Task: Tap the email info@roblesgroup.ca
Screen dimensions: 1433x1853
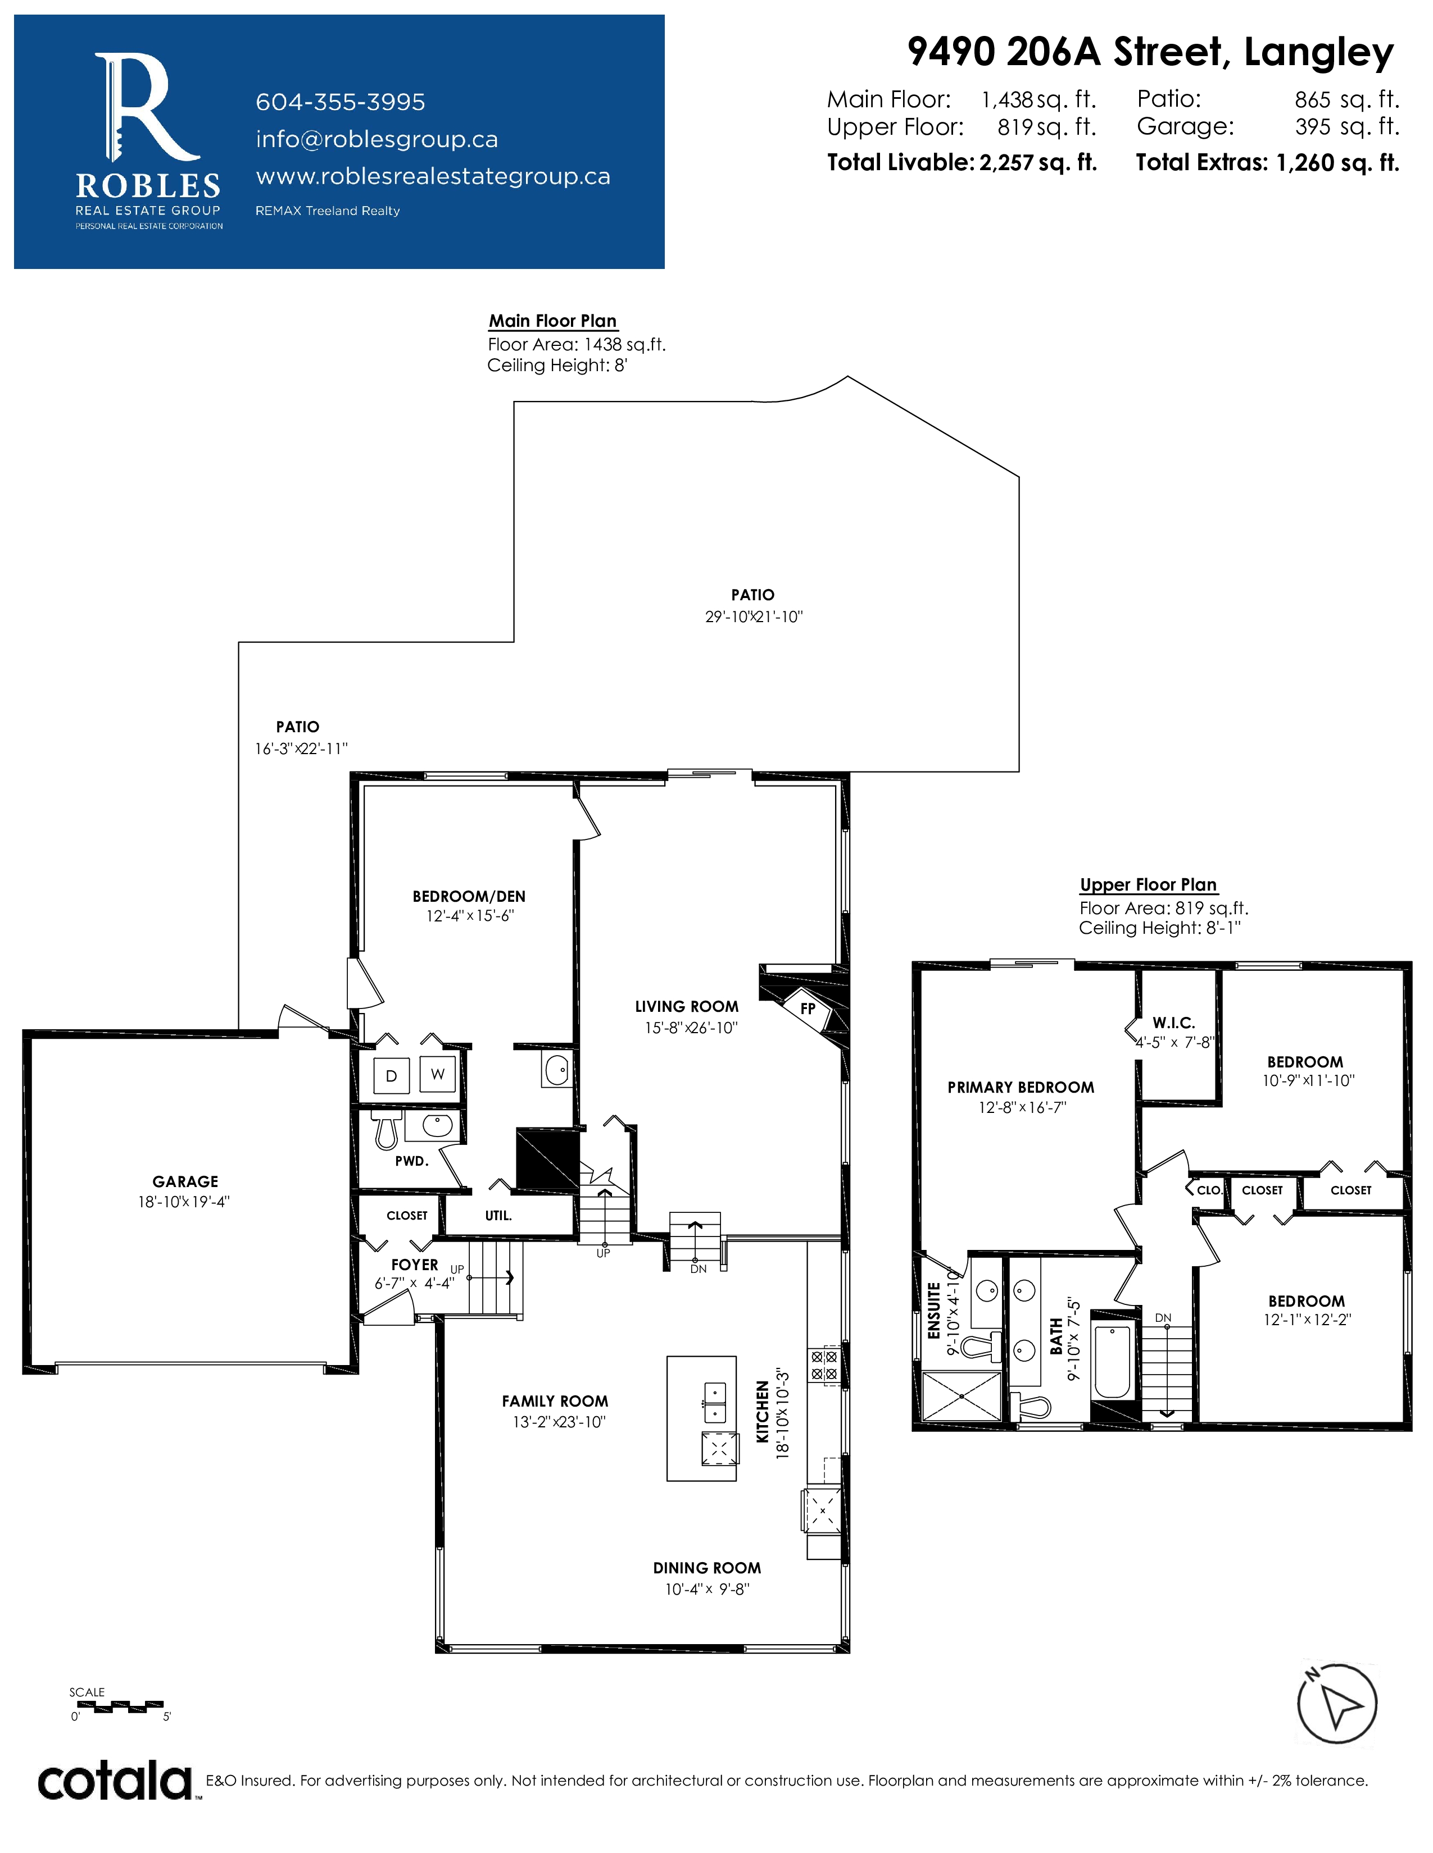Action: tap(377, 139)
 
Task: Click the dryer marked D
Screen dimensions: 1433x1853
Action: tap(391, 1076)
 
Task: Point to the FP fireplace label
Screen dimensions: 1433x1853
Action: tap(808, 1009)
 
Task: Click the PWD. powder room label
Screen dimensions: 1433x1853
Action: tap(412, 1161)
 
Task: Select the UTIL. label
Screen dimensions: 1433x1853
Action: tap(498, 1215)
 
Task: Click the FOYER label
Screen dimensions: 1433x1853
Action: tap(414, 1264)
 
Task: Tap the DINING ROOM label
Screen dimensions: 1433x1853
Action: tap(707, 1568)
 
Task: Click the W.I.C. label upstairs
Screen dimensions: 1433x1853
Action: tap(1173, 1023)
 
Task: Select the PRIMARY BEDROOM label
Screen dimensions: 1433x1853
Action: tap(1021, 1087)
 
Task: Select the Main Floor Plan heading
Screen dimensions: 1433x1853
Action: tap(552, 321)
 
